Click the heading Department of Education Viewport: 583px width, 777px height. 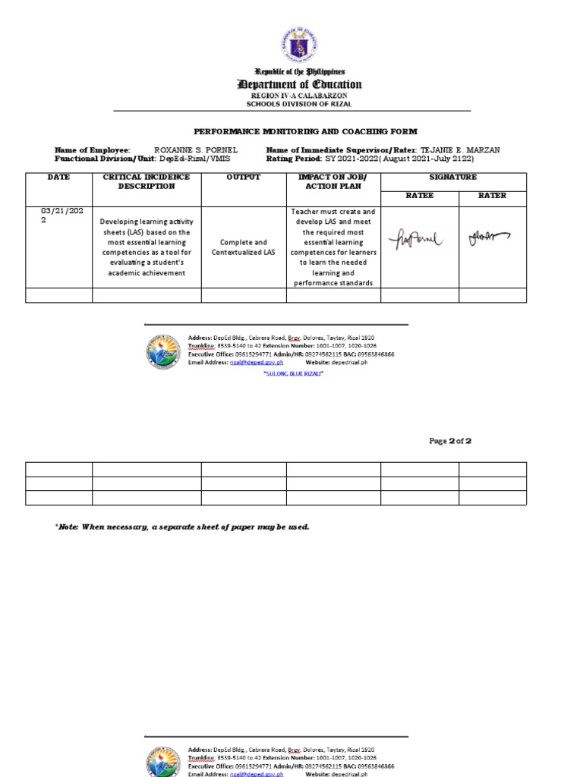click(299, 84)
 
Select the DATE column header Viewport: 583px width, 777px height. click(58, 177)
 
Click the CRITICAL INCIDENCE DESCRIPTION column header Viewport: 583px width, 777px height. click(147, 181)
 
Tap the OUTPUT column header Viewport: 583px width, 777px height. click(243, 177)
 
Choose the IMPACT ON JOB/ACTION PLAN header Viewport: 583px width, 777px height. click(332, 181)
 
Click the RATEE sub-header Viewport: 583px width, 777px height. click(420, 195)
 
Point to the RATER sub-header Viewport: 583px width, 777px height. click(492, 195)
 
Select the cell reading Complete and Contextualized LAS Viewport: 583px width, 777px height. click(243, 247)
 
